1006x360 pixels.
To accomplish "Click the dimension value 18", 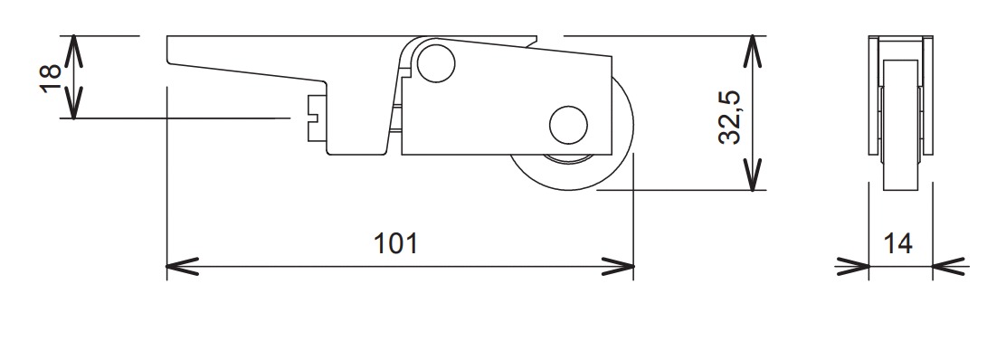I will pyautogui.click(x=51, y=77).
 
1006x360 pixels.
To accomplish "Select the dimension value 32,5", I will pyautogui.click(x=731, y=115).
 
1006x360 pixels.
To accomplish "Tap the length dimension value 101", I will pyautogui.click(x=396, y=243).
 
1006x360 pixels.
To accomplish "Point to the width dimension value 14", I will pyautogui.click(x=899, y=243).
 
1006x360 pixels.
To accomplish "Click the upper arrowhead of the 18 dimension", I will pyautogui.click(x=73, y=45).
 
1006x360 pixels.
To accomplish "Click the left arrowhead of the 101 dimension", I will pyautogui.click(x=178, y=266).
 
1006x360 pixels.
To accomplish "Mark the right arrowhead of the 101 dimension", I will pyautogui.click(x=622, y=266).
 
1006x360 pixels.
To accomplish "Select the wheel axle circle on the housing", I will pyautogui.click(x=568, y=125).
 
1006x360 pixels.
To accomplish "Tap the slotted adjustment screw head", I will pyautogui.click(x=317, y=117).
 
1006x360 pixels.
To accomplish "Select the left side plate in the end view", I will pyautogui.click(x=873, y=95).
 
